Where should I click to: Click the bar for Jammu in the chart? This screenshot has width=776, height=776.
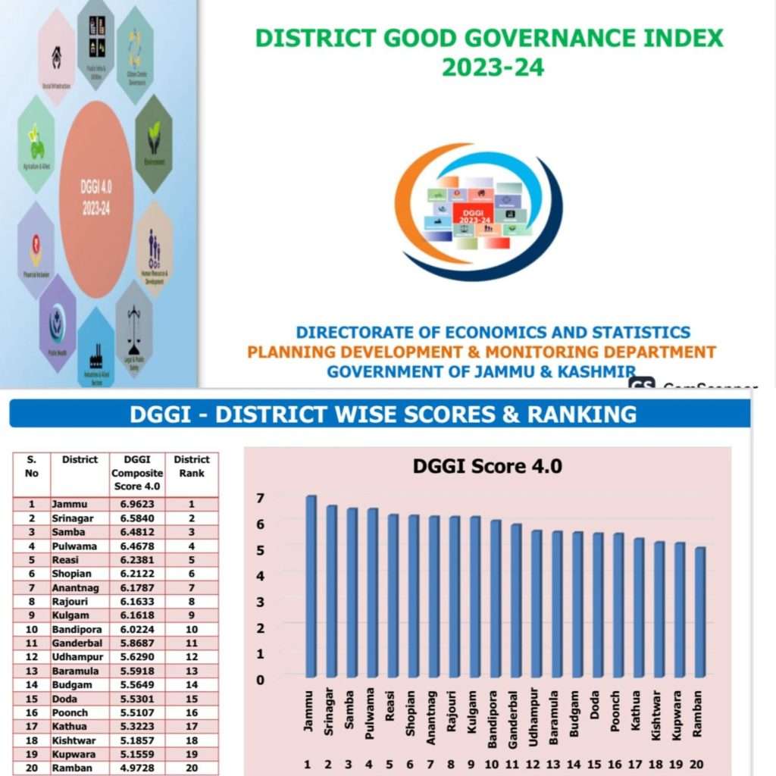pyautogui.click(x=311, y=587)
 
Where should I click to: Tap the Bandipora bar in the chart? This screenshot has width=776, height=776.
pyautogui.click(x=496, y=599)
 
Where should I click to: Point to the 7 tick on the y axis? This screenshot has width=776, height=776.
pyautogui.click(x=260, y=498)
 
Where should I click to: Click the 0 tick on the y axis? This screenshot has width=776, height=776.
pyautogui.click(x=260, y=679)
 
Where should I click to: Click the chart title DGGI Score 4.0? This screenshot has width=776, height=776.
pyautogui.click(x=487, y=466)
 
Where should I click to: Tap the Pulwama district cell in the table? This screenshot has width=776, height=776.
pyautogui.click(x=74, y=546)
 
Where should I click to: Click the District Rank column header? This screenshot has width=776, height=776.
pyautogui.click(x=192, y=466)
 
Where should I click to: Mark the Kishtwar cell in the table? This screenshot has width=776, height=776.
pyautogui.click(x=77, y=740)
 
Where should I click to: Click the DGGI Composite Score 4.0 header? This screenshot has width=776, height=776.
pyautogui.click(x=136, y=473)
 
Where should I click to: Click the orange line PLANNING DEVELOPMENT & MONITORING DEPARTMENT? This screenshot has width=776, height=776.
pyautogui.click(x=481, y=352)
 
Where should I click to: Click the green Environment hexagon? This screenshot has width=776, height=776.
pyautogui.click(x=154, y=142)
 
